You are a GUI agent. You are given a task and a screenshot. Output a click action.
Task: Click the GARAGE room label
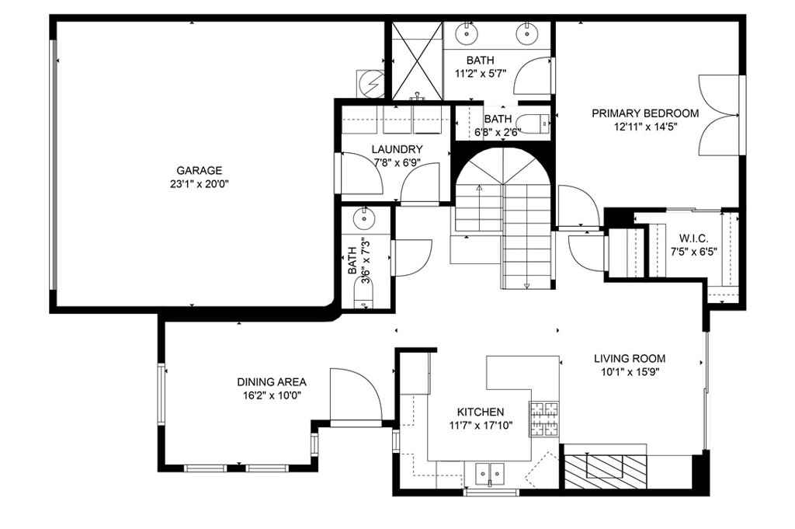199,171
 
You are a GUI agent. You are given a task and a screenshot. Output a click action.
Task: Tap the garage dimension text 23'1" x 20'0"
199,184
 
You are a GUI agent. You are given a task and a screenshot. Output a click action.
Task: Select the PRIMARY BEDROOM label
644,113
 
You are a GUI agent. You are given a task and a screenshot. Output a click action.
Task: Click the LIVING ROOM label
629,359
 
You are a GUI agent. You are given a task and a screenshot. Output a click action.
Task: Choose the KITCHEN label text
481,412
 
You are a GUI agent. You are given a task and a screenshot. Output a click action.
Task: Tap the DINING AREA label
271,382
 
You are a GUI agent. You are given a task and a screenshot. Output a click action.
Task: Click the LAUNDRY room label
396,149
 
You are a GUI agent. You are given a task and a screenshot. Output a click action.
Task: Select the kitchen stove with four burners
545,419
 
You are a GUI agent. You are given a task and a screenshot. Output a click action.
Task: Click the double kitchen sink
490,472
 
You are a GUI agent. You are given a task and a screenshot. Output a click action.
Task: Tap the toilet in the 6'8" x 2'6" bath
536,121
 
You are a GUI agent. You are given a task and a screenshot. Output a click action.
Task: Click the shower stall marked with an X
416,60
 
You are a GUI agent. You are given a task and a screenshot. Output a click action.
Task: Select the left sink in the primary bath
467,33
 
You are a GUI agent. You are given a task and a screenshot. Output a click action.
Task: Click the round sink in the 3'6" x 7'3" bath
363,219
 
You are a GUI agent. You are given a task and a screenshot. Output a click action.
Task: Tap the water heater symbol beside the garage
370,82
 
